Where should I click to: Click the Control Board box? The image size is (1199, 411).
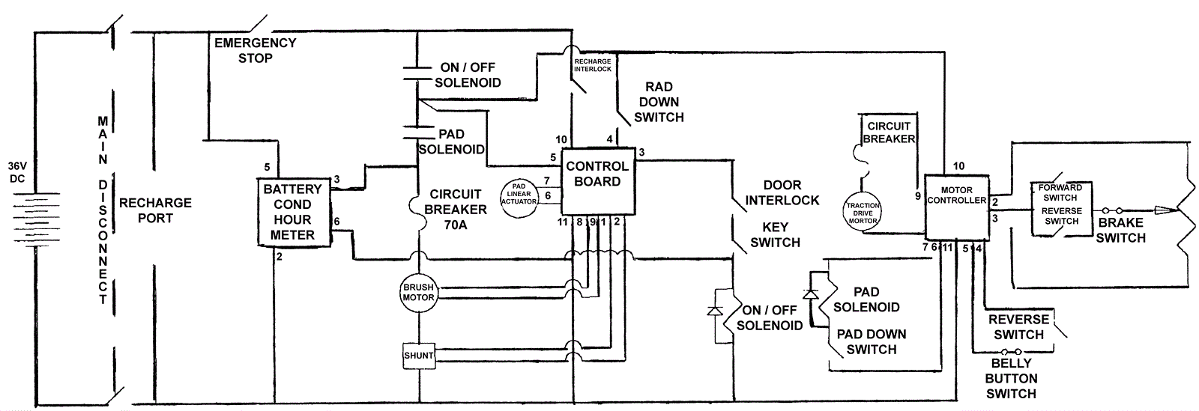coord(597,179)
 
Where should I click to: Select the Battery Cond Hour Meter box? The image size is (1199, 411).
coord(292,212)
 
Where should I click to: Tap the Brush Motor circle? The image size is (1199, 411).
coord(418,292)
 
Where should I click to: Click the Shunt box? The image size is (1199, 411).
coord(418,355)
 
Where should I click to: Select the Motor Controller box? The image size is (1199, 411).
coord(956,207)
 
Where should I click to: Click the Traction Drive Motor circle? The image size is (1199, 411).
coord(863,213)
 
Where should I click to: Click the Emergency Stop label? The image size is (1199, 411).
coord(256,50)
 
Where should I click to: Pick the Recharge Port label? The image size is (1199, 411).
coord(155,210)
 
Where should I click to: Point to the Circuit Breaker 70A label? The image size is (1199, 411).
coord(456,209)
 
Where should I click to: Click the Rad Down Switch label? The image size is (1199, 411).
coord(659,102)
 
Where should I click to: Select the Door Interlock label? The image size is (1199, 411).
coord(782,192)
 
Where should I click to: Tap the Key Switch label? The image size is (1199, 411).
coord(775,234)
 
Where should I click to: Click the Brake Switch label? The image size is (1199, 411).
coord(1120,230)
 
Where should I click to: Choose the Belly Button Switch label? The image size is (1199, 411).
coord(1011,378)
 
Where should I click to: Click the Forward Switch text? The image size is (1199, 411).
coord(1060,192)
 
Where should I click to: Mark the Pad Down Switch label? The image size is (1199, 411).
coord(871,341)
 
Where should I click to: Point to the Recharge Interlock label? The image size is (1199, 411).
coord(592,65)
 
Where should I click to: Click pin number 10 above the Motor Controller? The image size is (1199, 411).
coord(958,166)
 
